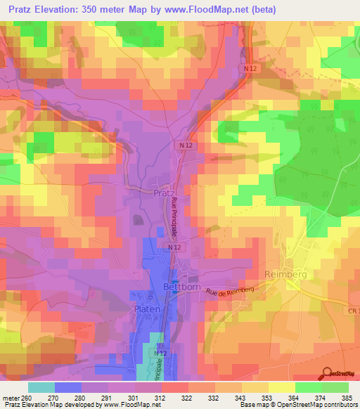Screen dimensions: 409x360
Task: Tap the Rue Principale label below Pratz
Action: (174, 216)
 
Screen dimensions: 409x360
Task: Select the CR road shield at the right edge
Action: (353, 310)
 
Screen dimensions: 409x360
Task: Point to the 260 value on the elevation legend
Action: (28, 397)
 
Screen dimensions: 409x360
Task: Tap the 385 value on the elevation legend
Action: (347, 397)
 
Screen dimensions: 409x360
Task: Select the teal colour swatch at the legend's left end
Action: (41, 387)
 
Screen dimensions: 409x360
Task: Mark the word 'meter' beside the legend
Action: (11, 397)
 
